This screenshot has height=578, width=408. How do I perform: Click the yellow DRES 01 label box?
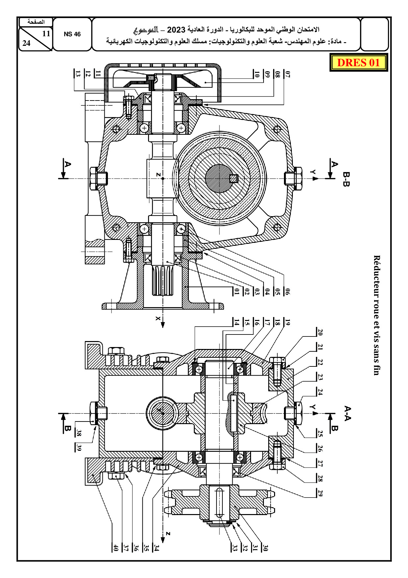pos(359,62)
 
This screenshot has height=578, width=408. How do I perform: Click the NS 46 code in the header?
pos(72,34)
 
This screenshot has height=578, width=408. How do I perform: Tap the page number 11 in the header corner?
pos(46,33)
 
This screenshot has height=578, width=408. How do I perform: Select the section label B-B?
pos(346,179)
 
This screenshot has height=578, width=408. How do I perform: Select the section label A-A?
pos(347,414)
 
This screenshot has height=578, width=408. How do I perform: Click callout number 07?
pos(288,74)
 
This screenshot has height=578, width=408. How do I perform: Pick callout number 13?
pos(78,73)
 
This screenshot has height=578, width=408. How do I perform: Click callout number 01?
pos(237,291)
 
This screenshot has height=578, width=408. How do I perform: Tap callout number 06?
pos(288,291)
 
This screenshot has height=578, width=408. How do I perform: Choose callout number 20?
pos(320,332)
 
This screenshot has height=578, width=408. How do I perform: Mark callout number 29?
pos(320,493)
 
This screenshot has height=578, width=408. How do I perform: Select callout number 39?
pos(78,447)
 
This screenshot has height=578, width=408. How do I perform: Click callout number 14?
pos(237,322)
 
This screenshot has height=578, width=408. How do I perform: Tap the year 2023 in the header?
pos(176,30)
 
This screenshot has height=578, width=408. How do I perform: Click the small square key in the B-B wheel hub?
pos(234,179)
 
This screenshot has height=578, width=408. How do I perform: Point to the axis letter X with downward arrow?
pos(159,318)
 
